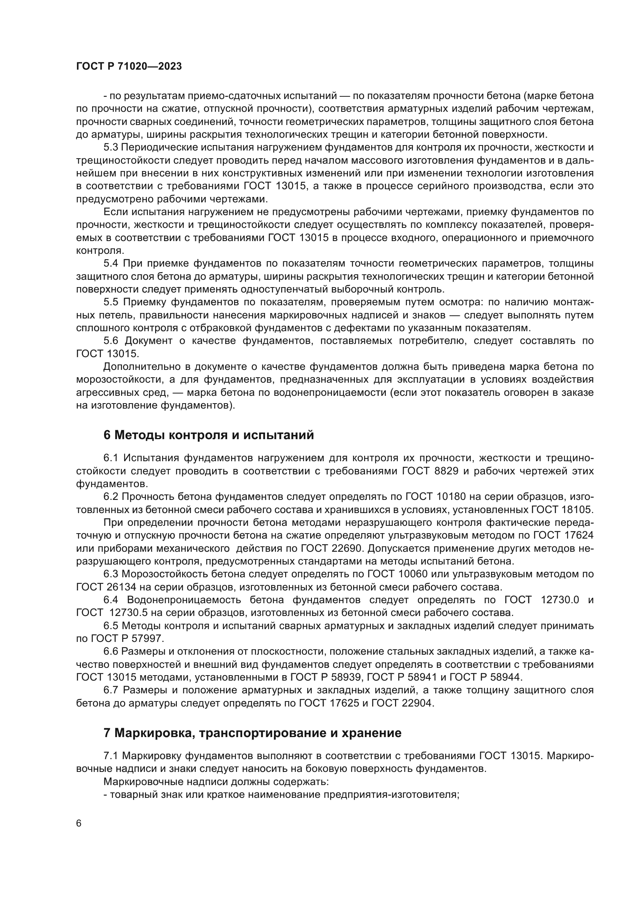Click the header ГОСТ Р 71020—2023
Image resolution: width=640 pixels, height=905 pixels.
pyautogui.click(x=129, y=67)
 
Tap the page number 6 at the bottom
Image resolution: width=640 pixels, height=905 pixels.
pyautogui.click(x=79, y=823)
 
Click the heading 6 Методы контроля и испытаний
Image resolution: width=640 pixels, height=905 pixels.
pyautogui.click(x=209, y=435)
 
